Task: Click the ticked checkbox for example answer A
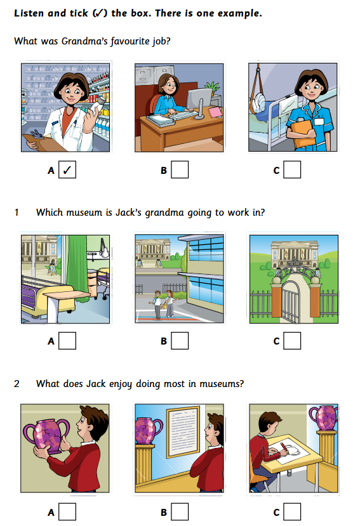click(67, 170)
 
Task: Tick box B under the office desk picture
click(180, 170)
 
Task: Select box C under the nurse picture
click(292, 170)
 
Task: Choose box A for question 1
click(67, 341)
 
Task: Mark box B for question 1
click(180, 341)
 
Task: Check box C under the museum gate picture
click(292, 341)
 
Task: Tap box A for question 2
click(67, 512)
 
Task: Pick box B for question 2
click(180, 512)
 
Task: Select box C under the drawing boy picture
click(292, 512)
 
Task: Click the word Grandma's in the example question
click(84, 41)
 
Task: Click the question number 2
click(17, 384)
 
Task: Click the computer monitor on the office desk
click(199, 100)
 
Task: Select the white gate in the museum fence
click(290, 302)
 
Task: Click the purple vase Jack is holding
click(47, 435)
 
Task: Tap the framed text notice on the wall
click(183, 431)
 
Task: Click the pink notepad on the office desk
click(216, 112)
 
